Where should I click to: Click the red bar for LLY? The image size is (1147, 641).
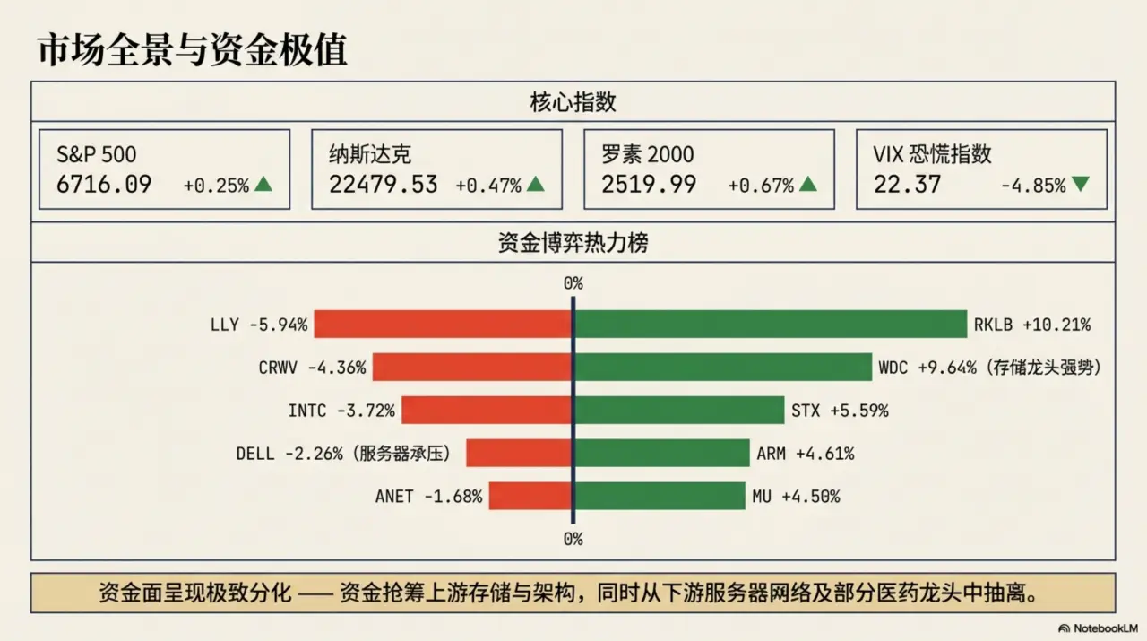coord(443,324)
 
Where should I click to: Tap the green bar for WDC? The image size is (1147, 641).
coord(723,367)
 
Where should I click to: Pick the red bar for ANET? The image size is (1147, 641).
coord(530,496)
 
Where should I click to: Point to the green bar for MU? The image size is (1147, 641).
coord(660,496)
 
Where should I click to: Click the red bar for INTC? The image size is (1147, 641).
coord(487,410)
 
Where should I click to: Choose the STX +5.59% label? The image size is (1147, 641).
coord(840,411)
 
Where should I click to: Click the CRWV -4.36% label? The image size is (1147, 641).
coord(312,368)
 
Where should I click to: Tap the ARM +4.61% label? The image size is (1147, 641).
coord(805,454)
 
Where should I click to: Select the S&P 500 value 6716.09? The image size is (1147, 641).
coord(104,185)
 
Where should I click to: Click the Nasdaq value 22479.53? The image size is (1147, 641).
coord(383,185)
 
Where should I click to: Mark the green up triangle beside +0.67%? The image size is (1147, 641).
coord(807,185)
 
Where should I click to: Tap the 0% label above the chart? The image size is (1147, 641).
coord(573,283)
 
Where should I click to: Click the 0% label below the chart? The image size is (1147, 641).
coord(573,539)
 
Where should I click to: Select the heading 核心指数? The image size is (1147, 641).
coord(573,102)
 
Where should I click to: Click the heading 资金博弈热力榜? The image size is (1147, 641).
coord(573,243)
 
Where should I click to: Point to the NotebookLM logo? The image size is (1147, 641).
coord(1100,628)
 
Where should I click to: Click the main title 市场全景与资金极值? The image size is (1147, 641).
coord(192,50)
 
